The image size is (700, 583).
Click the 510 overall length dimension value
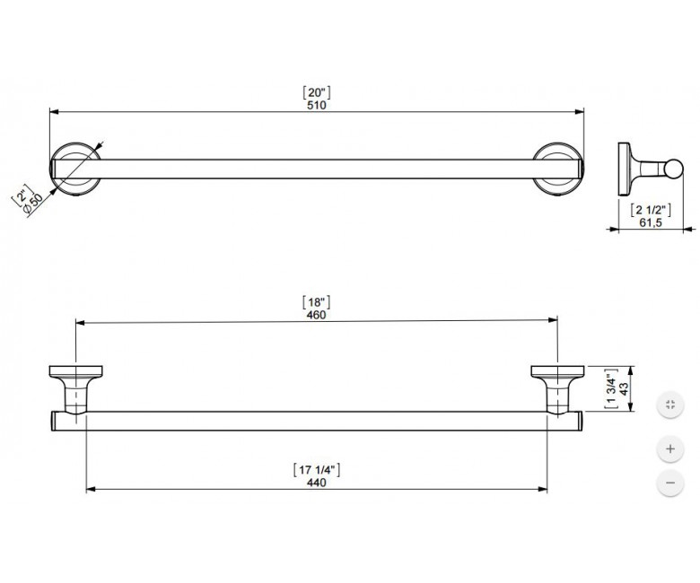point(317,105)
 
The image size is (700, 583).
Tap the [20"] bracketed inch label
point(317,92)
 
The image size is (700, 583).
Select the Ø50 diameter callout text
point(33,204)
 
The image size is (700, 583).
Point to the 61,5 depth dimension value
point(651,222)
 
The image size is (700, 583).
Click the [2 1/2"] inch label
point(651,209)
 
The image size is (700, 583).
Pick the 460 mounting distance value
point(316,315)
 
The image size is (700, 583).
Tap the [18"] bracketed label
point(316,302)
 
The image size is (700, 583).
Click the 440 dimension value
point(317,483)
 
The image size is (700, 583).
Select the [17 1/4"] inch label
point(317,469)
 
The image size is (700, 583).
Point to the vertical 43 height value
point(624,388)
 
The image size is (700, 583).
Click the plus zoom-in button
point(670,448)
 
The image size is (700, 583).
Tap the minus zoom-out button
point(670,483)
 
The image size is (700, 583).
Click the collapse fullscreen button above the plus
point(670,405)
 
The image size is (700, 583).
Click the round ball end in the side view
point(673,169)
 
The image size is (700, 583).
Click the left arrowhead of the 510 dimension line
point(54,111)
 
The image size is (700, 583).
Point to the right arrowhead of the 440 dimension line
point(543,489)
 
